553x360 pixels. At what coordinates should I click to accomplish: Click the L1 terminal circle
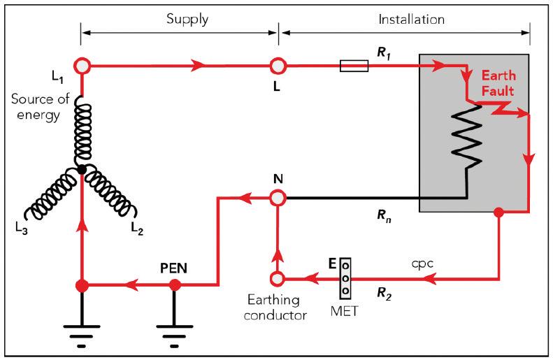click(82, 65)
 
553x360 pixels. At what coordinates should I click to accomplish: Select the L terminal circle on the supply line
click(278, 66)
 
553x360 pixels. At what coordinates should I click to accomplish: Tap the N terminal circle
click(278, 198)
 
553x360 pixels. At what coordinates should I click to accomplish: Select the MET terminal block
click(345, 278)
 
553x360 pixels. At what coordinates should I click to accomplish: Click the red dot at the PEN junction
click(175, 286)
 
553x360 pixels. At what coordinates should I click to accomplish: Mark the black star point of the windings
click(82, 169)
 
